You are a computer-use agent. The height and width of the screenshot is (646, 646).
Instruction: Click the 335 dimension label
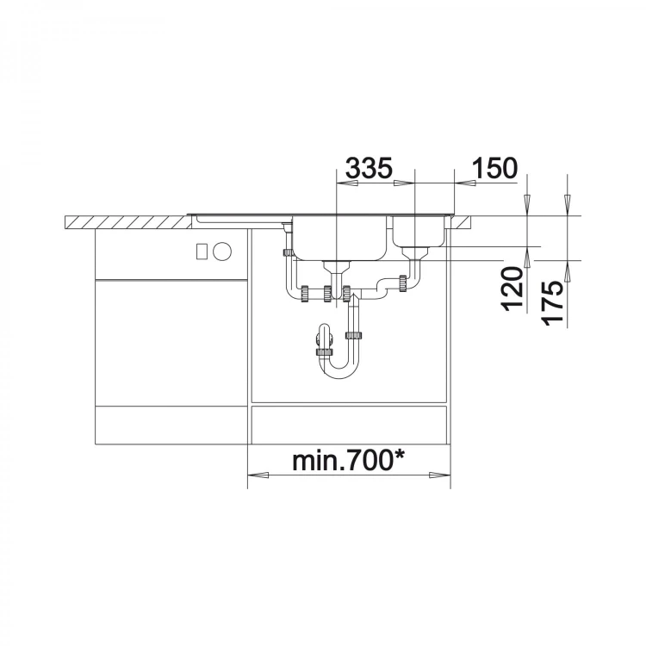[369, 168]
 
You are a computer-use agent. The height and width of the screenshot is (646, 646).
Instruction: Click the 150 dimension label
[494, 168]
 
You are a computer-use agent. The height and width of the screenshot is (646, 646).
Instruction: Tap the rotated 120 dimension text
[512, 288]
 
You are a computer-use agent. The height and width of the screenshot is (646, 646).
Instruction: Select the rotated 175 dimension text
[552, 302]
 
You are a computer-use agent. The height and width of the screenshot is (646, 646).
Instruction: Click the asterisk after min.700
[399, 456]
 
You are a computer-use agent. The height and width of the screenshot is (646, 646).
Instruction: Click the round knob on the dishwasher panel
[223, 251]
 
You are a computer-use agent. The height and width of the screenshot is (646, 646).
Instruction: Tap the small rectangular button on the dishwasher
[202, 251]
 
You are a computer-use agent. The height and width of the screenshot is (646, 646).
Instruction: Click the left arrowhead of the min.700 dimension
[258, 475]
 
